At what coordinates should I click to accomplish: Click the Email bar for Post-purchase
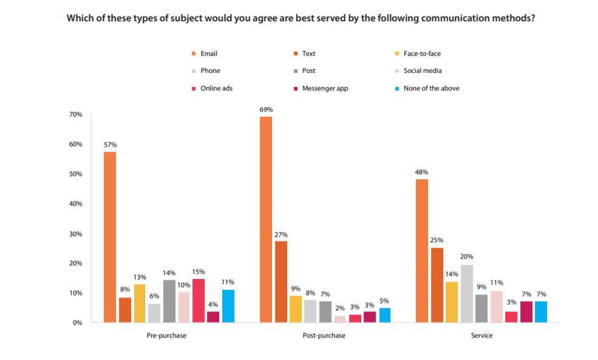(266, 219)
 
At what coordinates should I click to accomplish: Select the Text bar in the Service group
(437, 285)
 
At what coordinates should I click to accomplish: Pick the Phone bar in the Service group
(466, 293)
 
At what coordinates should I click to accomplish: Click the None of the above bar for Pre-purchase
(228, 306)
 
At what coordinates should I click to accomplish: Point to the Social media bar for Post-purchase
(340, 319)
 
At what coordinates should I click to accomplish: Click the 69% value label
(266, 109)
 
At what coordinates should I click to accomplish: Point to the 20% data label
(466, 256)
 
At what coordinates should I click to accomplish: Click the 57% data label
(110, 144)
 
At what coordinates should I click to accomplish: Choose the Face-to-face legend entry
(422, 53)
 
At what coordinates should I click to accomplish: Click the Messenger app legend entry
(325, 88)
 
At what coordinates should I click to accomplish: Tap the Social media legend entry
(423, 70)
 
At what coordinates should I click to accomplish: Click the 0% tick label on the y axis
(77, 323)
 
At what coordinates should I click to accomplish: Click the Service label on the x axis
(481, 336)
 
